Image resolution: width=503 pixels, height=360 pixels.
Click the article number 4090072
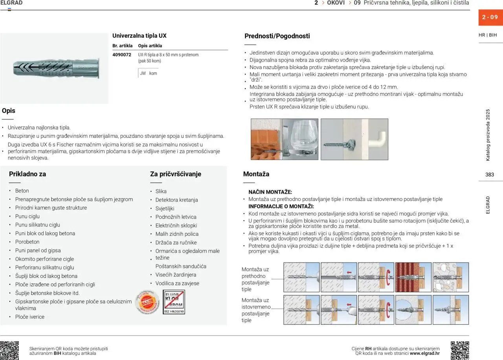point(121,55)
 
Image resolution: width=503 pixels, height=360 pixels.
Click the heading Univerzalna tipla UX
point(139,36)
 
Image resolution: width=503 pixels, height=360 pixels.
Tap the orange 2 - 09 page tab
point(490,17)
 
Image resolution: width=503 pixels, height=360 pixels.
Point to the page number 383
point(489,175)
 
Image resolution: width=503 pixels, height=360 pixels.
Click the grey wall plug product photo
point(55,68)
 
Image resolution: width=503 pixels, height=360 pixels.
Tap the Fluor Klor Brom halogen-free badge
point(174,302)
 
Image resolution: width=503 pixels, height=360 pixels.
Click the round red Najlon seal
point(148,302)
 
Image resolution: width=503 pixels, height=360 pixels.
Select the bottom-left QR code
point(9,350)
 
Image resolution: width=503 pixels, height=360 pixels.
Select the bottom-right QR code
point(460,350)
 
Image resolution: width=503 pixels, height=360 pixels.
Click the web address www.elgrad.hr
point(424,353)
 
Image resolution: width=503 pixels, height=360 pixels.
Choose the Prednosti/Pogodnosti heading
point(277,36)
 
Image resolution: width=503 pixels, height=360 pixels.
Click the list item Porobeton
point(27,242)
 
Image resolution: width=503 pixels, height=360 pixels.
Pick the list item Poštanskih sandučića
point(181,266)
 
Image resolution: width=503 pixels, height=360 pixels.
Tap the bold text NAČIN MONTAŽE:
point(270,192)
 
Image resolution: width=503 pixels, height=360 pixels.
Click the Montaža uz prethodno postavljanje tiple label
point(255,279)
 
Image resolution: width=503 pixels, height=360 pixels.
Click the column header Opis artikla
point(150,46)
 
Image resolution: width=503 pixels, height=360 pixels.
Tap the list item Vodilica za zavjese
point(177,283)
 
